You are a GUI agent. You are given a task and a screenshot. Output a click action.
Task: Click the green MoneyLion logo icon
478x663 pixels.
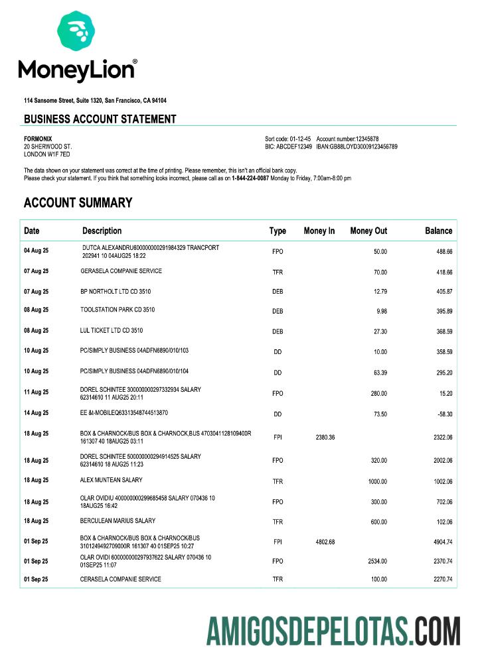pyautogui.click(x=76, y=30)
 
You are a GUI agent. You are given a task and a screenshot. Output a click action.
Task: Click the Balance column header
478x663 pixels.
pyautogui.click(x=438, y=231)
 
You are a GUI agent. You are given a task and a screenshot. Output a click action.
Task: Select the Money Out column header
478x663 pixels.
pyautogui.click(x=368, y=231)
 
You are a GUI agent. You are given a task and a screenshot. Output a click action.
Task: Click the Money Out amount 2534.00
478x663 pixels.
pyautogui.click(x=377, y=562)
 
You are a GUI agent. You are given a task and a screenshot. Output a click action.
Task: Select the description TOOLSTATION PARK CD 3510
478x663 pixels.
pyautogui.click(x=118, y=310)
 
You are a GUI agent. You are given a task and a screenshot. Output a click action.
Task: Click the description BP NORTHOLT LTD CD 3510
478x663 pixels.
pyautogui.click(x=117, y=290)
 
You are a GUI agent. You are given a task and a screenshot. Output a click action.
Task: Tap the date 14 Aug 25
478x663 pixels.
pyautogui.click(x=36, y=413)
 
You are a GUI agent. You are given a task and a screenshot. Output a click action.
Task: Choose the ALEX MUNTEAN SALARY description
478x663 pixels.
pyautogui.click(x=111, y=480)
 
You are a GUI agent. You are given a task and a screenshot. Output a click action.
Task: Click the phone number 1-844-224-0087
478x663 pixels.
pyautogui.click(x=250, y=178)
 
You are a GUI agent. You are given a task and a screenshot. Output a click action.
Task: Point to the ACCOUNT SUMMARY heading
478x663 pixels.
pyautogui.click(x=78, y=203)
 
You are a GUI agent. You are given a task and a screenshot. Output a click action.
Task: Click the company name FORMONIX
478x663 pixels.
pyautogui.click(x=38, y=139)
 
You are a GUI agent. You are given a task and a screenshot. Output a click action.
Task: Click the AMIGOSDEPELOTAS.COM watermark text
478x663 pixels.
pyautogui.click(x=333, y=631)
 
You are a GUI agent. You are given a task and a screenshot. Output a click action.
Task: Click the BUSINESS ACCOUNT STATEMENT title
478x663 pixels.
pyautogui.click(x=100, y=119)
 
